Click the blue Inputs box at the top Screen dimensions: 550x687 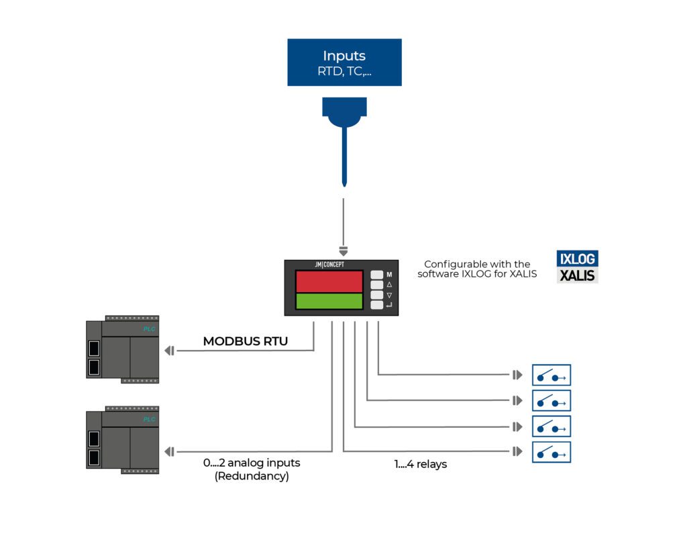coord(344,62)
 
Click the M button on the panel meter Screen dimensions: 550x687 coord(377,275)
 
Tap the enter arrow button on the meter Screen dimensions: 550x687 coord(377,306)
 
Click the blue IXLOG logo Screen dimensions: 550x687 coord(577,259)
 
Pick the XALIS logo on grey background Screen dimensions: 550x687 coord(577,275)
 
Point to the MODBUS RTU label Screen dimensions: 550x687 coord(245,342)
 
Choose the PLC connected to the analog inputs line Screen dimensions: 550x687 coord(123,441)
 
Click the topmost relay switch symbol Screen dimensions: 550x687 coord(551,375)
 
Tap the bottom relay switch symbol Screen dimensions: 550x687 coord(551,452)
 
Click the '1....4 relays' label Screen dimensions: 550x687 coord(420,464)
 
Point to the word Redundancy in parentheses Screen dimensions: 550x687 coord(252,476)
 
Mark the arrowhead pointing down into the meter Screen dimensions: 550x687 coord(343,252)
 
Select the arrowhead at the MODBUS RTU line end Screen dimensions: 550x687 coord(169,351)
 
